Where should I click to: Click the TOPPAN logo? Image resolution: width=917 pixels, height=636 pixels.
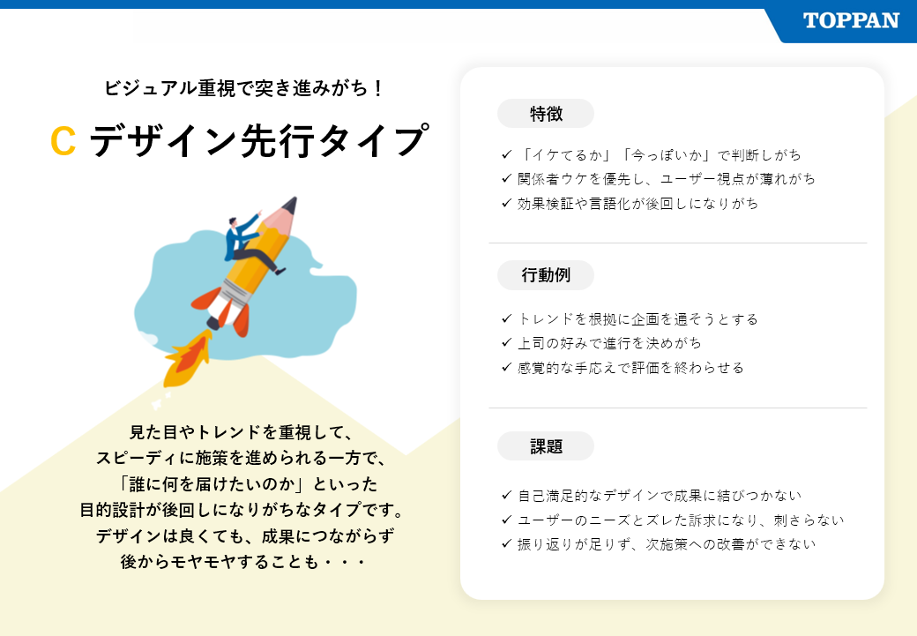(x=851, y=21)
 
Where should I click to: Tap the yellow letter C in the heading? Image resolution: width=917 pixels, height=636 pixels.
(x=63, y=141)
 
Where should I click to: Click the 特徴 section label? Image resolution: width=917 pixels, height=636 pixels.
(x=546, y=114)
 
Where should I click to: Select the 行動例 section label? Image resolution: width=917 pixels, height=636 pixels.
(x=546, y=275)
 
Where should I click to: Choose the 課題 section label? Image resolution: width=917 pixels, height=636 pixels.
(x=546, y=446)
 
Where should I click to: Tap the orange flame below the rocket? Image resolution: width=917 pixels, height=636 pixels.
(x=187, y=358)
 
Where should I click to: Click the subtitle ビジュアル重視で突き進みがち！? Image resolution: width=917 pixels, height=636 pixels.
(x=244, y=88)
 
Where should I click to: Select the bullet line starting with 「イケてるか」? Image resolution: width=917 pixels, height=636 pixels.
(x=651, y=155)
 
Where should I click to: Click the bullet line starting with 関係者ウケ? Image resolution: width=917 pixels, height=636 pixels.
(x=658, y=179)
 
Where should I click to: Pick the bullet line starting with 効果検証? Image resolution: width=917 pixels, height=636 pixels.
(x=630, y=204)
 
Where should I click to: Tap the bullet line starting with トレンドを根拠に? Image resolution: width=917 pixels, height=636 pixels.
(x=630, y=318)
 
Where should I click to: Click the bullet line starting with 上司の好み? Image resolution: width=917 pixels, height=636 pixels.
(x=601, y=343)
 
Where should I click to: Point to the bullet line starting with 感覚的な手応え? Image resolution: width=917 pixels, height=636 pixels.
(x=623, y=368)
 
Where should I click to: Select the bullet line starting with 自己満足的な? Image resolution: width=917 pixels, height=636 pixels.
(x=651, y=496)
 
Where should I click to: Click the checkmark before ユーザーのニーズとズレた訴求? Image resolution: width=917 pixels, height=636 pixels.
(x=506, y=520)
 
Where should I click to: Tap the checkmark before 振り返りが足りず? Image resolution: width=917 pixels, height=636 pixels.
(x=506, y=543)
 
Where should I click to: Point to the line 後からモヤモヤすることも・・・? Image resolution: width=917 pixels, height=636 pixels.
(x=242, y=562)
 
